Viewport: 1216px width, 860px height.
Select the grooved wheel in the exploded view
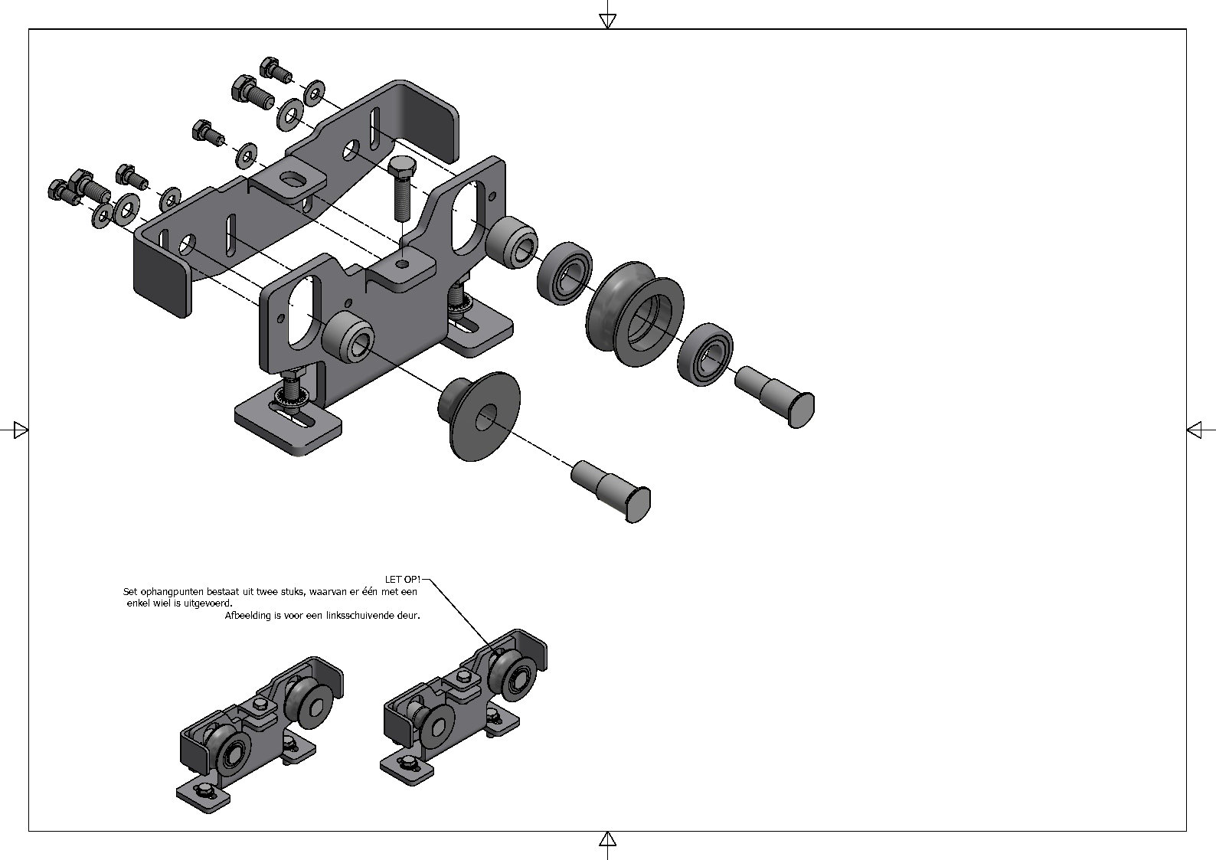point(635,314)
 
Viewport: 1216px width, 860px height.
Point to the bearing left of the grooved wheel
point(564,274)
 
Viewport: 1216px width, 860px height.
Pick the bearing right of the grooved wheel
point(705,354)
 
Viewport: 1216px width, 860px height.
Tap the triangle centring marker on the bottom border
point(607,839)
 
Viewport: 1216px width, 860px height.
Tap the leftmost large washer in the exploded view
point(102,215)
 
